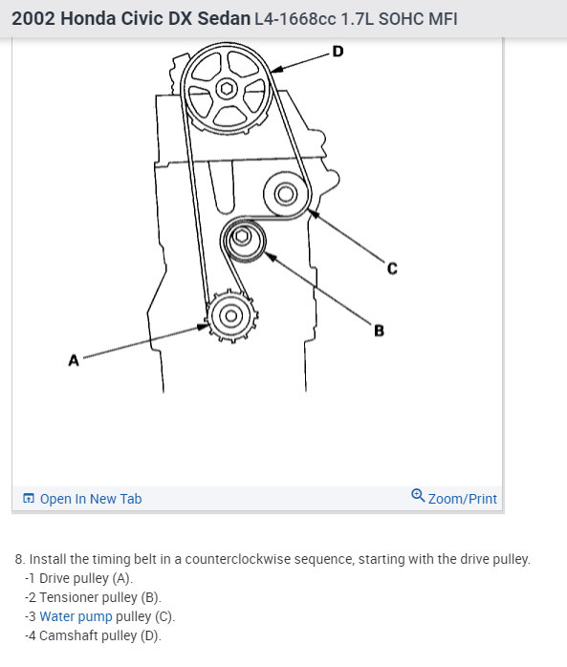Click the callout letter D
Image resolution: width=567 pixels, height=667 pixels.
point(338,52)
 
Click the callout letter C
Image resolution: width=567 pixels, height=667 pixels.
point(392,269)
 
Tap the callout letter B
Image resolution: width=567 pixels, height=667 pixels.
point(379,331)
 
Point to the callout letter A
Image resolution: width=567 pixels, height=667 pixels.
point(74,360)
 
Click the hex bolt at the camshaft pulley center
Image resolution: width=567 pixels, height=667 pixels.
point(227,89)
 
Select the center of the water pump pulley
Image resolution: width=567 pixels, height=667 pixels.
point(286,194)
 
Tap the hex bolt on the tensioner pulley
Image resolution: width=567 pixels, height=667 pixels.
point(242,236)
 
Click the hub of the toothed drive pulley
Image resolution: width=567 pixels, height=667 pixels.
point(231,316)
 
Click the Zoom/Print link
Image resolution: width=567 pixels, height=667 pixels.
point(462,499)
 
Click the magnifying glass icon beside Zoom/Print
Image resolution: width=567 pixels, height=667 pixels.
point(418,496)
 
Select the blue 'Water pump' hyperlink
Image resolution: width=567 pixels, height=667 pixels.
point(76,616)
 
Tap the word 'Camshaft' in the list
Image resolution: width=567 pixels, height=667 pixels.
point(69,635)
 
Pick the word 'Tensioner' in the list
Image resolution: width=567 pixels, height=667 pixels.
point(69,597)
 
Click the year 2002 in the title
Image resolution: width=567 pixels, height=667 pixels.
point(33,19)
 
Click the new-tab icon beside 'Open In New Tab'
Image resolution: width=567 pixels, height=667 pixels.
point(29,498)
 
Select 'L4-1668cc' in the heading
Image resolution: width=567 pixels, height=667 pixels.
point(295,19)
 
